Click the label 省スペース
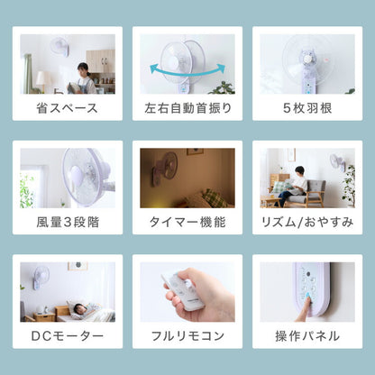[68, 108]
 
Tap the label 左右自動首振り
[187, 108]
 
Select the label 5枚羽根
[307, 108]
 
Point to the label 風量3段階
[68, 222]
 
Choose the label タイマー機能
[187, 222]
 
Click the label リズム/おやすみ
[307, 222]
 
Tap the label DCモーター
[68, 336]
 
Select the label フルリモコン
[187, 336]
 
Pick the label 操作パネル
[307, 336]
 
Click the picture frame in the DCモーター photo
[77, 267]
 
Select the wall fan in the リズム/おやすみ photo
[335, 161]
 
